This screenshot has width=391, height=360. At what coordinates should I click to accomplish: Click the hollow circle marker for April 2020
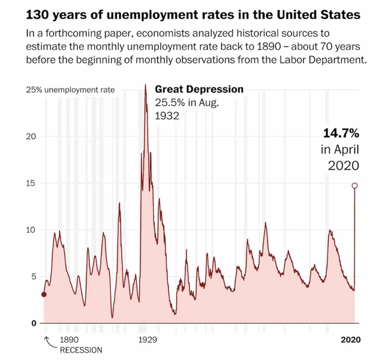click(354, 186)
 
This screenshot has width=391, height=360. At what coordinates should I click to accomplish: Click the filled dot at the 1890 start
click(44, 295)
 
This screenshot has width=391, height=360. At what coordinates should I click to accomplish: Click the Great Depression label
click(199, 89)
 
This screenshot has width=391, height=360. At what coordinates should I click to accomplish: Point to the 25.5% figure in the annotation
click(170, 103)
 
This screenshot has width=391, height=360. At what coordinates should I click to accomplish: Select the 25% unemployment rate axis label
click(70, 90)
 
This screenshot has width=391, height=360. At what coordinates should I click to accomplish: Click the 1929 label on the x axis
click(147, 340)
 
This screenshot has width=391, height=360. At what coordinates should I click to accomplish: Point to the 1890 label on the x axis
click(69, 340)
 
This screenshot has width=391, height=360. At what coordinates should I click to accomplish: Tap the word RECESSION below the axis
click(80, 350)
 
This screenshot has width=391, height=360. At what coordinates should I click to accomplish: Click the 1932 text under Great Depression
click(167, 116)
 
